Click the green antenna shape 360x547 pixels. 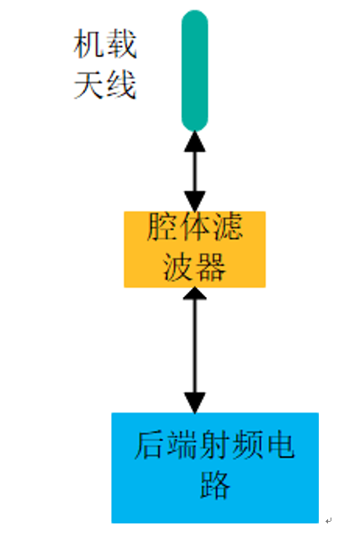click(x=194, y=71)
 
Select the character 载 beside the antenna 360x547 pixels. click(x=121, y=44)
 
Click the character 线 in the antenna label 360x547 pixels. click(x=121, y=85)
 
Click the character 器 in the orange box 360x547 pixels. click(x=211, y=267)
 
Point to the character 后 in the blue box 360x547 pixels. click(x=150, y=445)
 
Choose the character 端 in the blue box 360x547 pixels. click(x=183, y=445)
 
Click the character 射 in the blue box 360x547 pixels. click(x=214, y=445)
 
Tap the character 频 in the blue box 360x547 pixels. click(x=247, y=445)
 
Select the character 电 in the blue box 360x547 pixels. click(x=280, y=445)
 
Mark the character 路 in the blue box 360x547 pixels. click(x=214, y=486)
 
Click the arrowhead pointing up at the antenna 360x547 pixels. click(x=194, y=142)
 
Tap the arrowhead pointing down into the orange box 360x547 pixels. click(x=194, y=201)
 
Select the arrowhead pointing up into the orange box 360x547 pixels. click(x=194, y=294)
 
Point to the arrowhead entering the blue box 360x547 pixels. click(x=194, y=403)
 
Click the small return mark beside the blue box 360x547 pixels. click(x=328, y=520)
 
